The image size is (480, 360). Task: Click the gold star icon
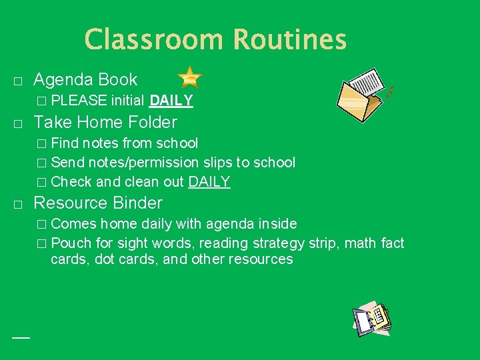pyautogui.click(x=190, y=78)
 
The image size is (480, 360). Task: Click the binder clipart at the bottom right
pyautogui.click(x=371, y=319)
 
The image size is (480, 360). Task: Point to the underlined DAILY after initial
pyautogui.click(x=171, y=101)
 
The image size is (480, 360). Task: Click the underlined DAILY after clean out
pyautogui.click(x=209, y=181)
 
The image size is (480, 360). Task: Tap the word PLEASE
pyautogui.click(x=79, y=101)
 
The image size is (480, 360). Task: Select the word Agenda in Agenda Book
pyautogui.click(x=63, y=80)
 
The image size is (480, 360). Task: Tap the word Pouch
pyautogui.click(x=71, y=243)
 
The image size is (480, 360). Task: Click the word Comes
pyautogui.click(x=73, y=223)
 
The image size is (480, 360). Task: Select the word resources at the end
pyautogui.click(x=260, y=259)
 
